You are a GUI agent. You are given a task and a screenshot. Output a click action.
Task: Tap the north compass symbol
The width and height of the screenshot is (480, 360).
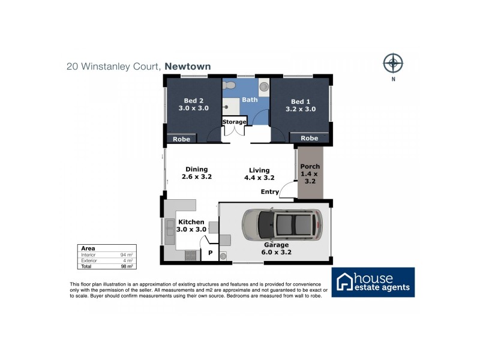(x=393, y=62)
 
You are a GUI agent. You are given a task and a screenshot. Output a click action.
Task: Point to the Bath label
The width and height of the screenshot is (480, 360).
(x=250, y=100)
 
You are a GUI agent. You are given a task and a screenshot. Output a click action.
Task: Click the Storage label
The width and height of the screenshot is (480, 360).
(x=235, y=122)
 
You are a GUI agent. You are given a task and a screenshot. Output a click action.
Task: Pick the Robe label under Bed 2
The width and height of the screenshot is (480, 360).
(x=181, y=139)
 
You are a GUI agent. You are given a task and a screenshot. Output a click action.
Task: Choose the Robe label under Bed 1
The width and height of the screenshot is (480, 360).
(x=309, y=138)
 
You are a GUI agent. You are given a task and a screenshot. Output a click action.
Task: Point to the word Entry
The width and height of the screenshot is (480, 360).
(x=269, y=192)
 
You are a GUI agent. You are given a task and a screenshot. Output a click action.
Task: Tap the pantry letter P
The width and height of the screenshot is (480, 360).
(x=210, y=253)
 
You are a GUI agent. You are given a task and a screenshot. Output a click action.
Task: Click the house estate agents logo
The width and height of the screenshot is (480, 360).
(x=373, y=282)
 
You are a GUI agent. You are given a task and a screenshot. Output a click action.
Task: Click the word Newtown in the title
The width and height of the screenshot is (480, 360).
(x=188, y=67)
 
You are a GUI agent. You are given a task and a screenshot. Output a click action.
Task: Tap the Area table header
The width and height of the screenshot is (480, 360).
(x=88, y=248)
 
